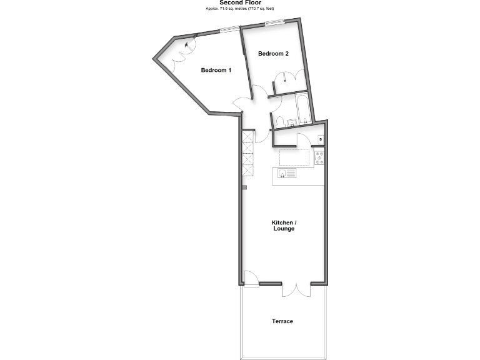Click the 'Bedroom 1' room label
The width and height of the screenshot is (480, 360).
point(216,70)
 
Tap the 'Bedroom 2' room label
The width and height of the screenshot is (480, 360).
point(274,54)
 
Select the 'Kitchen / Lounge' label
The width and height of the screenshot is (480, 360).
point(284,226)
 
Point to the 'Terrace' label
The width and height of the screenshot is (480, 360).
point(282,321)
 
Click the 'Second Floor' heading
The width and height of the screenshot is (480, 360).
point(240,2)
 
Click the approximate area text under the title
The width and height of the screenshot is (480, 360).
point(240,9)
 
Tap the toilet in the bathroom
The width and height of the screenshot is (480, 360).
point(281,121)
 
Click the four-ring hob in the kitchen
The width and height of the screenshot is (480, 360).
point(319,159)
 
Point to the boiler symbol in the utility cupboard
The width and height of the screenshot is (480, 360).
point(320,139)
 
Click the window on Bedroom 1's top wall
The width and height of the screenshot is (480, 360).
point(230,27)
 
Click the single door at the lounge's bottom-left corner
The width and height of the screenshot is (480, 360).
point(250,279)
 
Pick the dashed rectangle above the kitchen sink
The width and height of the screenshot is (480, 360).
point(295,157)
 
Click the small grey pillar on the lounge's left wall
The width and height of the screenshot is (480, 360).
point(244,187)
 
